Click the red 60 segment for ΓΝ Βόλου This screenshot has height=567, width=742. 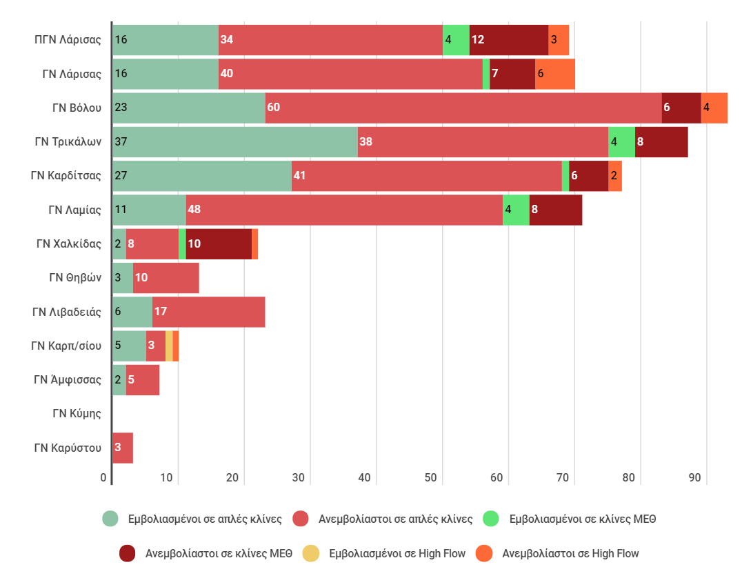click(463, 108)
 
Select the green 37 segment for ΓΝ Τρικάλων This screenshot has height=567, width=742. click(234, 141)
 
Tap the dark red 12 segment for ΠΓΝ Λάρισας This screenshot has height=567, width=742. click(508, 39)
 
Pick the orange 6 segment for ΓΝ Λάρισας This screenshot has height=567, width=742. click(554, 74)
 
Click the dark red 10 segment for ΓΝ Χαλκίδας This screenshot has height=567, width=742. click(219, 243)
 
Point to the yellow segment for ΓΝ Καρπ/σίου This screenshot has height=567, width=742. click(169, 346)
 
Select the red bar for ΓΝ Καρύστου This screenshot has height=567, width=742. click(122, 448)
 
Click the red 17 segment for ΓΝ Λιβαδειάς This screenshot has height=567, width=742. click(208, 312)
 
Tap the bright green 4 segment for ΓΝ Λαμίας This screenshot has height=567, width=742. click(516, 210)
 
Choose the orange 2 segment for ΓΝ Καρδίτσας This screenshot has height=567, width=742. click(615, 176)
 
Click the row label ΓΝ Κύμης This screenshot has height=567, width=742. click(77, 414)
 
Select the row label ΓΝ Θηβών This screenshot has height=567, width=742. click(75, 278)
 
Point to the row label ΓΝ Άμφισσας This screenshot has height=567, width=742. click(68, 380)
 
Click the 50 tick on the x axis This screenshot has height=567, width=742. click(431, 477)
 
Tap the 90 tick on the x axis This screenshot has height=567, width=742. click(695, 477)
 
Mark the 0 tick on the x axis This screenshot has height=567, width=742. click(104, 477)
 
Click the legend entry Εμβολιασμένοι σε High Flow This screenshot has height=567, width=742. click(397, 553)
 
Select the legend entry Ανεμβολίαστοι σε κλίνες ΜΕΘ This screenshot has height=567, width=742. click(218, 553)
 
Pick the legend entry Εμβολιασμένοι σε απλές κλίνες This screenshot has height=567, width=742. click(204, 519)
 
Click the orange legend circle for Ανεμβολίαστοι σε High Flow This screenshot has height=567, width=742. click(485, 553)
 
